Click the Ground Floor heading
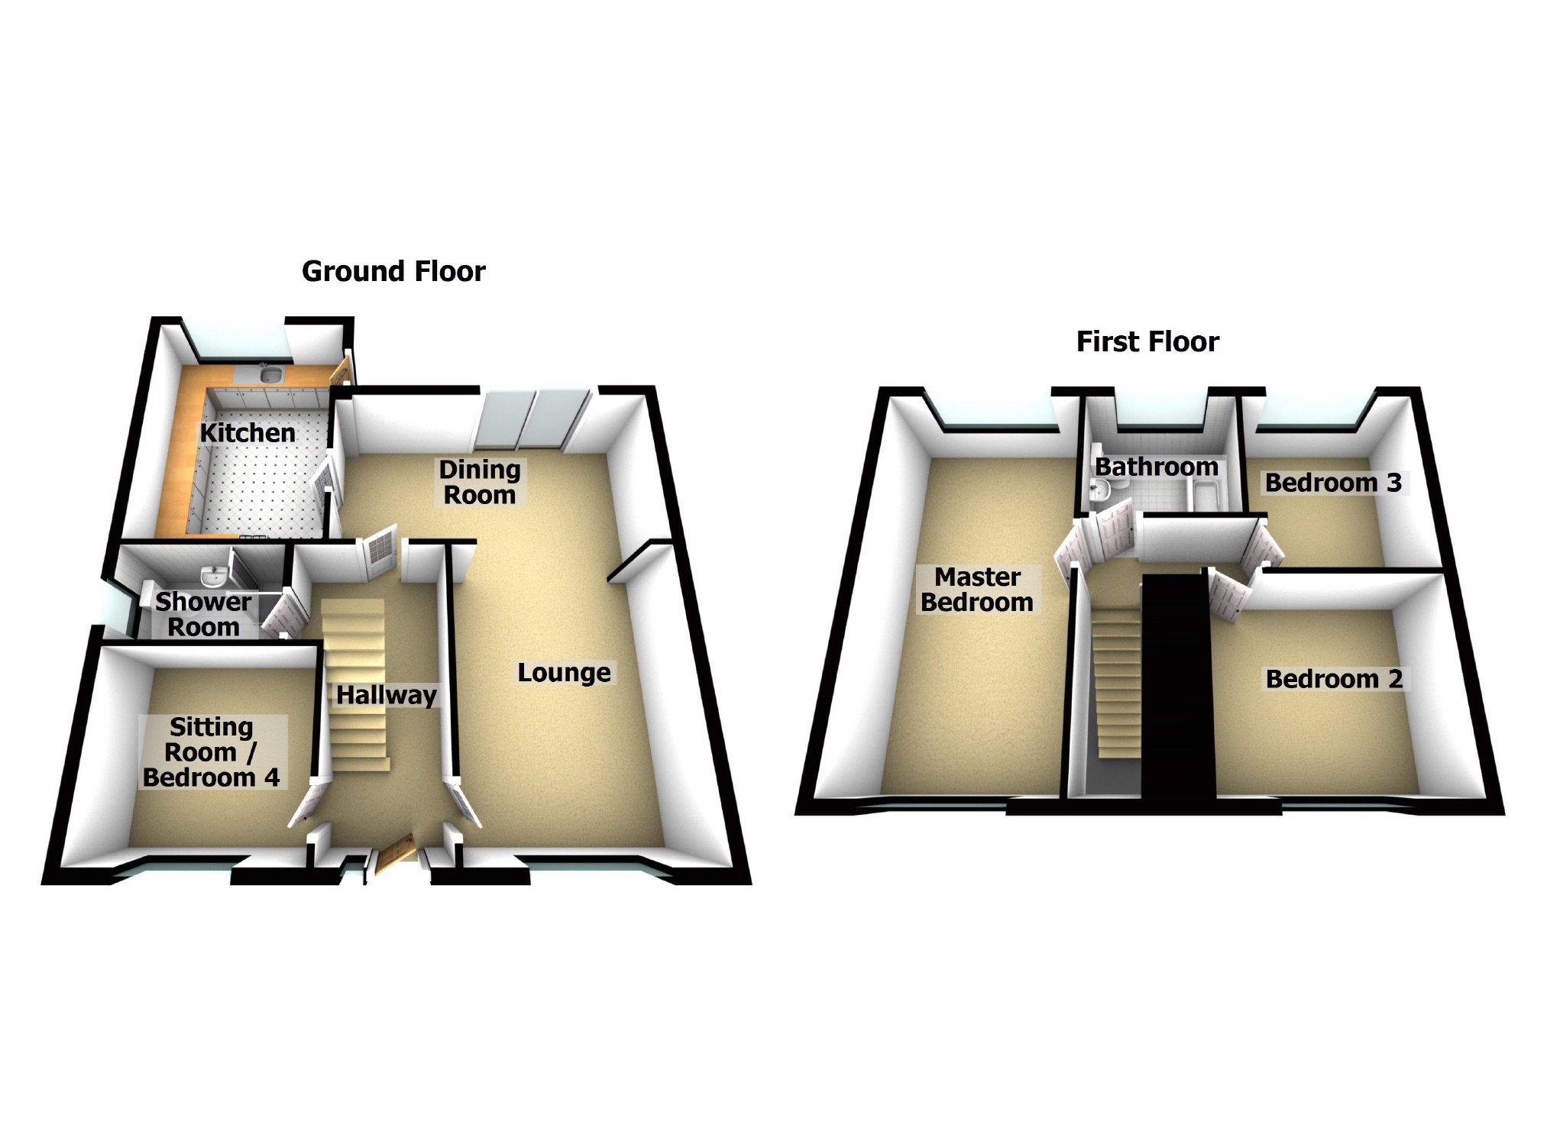pos(393,271)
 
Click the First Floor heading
pos(1147,341)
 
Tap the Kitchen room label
pos(248,433)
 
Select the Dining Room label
pos(480,482)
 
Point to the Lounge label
pos(564,673)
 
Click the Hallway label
pos(387,695)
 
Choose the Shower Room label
pos(203,614)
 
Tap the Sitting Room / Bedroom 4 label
pos(212,752)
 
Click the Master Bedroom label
pos(977,590)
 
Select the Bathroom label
pos(1157,467)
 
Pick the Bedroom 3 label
pos(1333,483)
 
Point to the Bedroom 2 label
pos(1334,679)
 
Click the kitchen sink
pos(270,374)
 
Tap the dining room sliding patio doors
pos(531,419)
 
